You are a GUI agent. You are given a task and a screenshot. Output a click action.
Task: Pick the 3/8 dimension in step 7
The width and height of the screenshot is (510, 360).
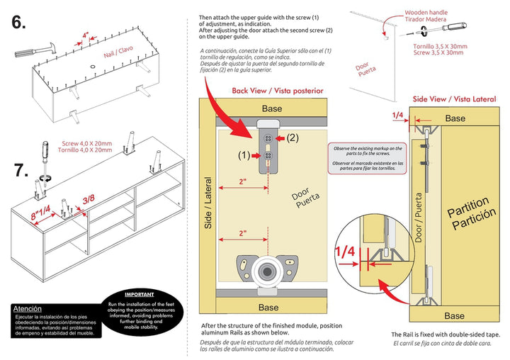[x=89, y=199]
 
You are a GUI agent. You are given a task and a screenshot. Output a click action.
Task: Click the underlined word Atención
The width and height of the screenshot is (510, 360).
[x=28, y=309]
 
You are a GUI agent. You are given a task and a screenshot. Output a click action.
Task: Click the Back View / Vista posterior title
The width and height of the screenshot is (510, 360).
[x=277, y=91]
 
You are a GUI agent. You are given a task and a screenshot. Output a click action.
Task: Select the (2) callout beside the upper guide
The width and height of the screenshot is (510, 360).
[x=293, y=137]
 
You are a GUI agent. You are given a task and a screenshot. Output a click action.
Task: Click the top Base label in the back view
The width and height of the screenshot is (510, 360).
[x=271, y=108]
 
